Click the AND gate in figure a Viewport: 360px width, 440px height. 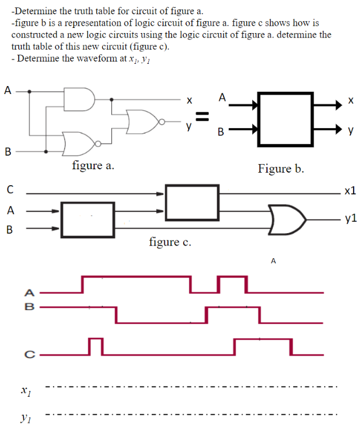79,99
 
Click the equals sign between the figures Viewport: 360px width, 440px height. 200,117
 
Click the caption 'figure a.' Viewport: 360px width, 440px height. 93,166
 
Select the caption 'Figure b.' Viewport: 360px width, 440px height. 281,169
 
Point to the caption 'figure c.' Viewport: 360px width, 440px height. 170,242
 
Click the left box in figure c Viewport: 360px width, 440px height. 88,219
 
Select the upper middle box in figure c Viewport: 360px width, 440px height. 192,202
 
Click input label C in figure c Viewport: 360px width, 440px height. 10,189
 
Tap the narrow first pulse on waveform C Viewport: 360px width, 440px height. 96,345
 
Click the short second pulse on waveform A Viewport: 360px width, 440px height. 232,283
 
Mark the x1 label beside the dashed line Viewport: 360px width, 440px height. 24,393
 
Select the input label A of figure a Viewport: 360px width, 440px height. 7,89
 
